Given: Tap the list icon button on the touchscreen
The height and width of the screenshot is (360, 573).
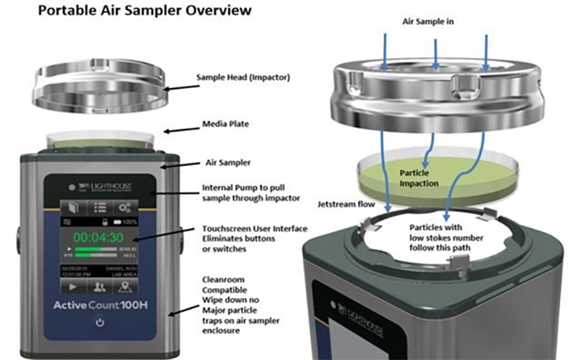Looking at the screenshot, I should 100,206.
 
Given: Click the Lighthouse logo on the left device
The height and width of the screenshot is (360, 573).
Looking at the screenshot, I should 98,186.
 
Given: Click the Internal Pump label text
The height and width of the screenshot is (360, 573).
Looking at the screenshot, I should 241,189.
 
